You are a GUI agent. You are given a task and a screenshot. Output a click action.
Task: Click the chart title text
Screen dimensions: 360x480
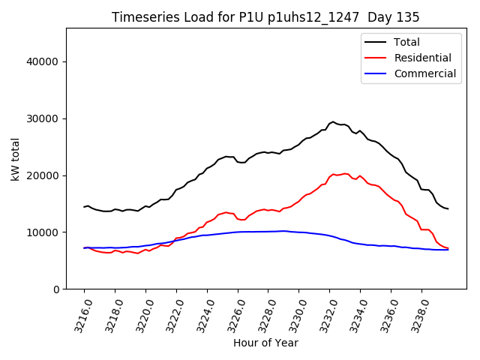pos(265,17)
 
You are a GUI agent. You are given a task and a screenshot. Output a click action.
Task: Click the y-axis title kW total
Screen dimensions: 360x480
pos(15,159)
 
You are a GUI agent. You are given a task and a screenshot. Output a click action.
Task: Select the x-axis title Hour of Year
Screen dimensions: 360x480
pos(265,343)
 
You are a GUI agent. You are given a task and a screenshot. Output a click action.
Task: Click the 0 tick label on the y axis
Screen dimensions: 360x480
pos(56,289)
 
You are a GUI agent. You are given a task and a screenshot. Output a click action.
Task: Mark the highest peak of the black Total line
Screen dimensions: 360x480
pos(333,121)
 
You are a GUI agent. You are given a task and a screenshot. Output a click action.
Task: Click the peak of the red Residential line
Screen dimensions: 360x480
pos(334,174)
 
